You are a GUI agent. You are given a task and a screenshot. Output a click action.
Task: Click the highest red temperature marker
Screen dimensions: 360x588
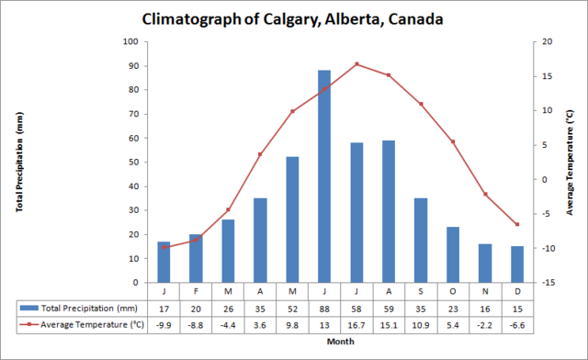[356, 64]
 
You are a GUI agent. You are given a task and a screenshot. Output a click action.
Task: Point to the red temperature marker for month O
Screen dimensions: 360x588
[453, 141]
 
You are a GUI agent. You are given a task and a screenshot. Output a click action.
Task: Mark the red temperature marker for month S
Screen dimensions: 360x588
[421, 104]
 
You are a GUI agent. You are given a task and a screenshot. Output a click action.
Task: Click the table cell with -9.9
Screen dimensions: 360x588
[164, 325]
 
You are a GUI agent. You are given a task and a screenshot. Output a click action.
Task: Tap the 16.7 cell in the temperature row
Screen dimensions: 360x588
[356, 325]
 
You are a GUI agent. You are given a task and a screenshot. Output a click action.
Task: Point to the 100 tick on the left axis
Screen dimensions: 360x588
[130, 42]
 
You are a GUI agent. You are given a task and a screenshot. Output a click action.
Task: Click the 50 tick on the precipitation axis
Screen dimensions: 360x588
[132, 163]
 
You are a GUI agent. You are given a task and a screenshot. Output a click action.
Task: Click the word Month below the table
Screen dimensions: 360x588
[340, 343]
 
